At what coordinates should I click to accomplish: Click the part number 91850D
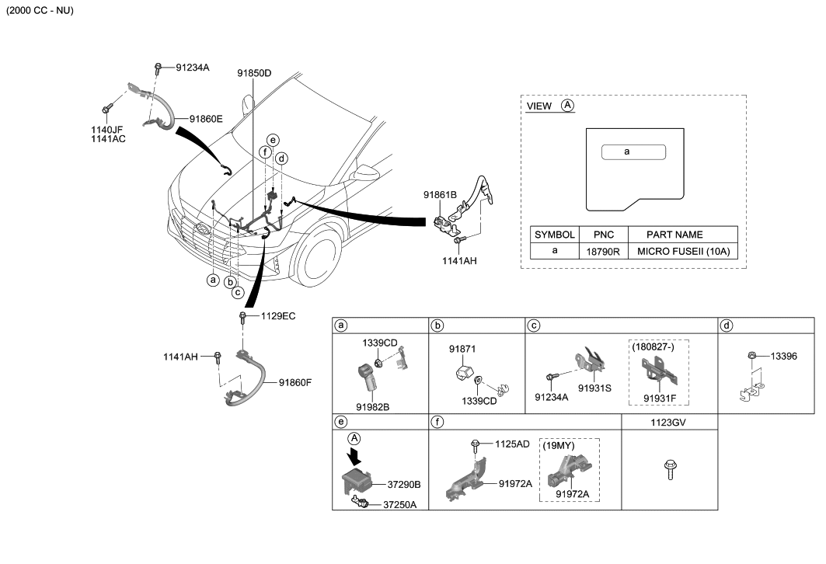coord(255,73)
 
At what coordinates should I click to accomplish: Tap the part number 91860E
coord(206,119)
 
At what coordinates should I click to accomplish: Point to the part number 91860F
coord(295,382)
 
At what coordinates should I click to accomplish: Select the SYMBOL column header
coord(555,234)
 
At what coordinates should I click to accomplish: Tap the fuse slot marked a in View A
coord(633,152)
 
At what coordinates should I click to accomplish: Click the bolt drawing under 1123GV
coord(668,469)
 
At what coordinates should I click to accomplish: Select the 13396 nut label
coord(783,356)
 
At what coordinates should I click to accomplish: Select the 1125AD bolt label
coord(512,444)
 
